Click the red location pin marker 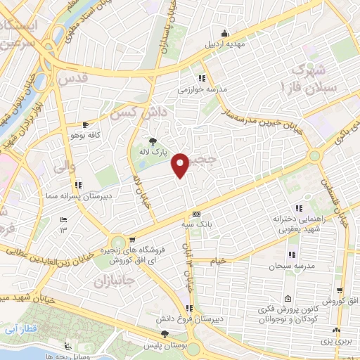click(182, 165)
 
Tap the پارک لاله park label click(153, 152)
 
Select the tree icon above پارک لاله click(153, 141)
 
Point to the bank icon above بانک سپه click(196, 214)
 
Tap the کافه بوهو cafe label click(84, 134)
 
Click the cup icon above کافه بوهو click(85, 123)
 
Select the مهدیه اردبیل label click(224, 44)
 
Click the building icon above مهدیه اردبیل click(224, 32)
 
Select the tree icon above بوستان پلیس click(165, 335)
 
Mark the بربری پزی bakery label click(337, 342)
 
